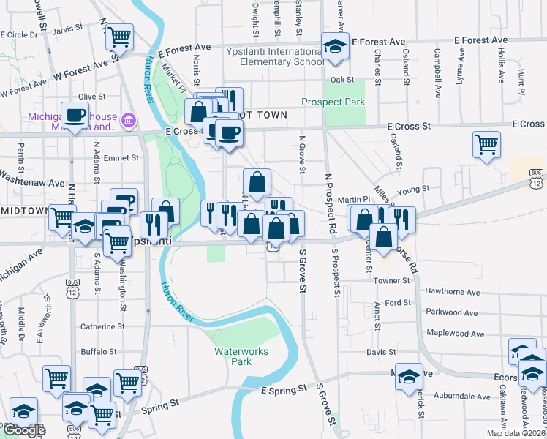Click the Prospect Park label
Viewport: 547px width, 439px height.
(334, 102)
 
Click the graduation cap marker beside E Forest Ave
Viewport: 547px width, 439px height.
(336, 46)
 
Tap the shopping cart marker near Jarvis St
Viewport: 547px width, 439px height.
(119, 37)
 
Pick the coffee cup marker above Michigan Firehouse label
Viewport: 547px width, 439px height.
(75, 115)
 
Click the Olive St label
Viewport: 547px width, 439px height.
(92, 97)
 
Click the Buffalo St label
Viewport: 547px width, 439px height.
(98, 352)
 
